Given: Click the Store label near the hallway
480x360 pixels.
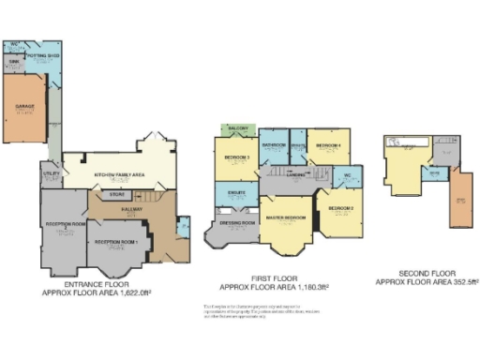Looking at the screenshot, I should [117, 195].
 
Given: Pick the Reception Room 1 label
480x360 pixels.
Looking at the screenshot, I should [116, 242].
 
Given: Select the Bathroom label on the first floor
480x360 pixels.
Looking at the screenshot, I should [274, 145].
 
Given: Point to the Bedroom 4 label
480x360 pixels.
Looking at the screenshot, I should [327, 146].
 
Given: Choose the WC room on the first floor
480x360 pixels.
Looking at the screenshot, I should [347, 175].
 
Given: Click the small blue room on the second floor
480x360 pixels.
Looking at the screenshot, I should [434, 173].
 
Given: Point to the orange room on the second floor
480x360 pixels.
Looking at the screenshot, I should [460, 201].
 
